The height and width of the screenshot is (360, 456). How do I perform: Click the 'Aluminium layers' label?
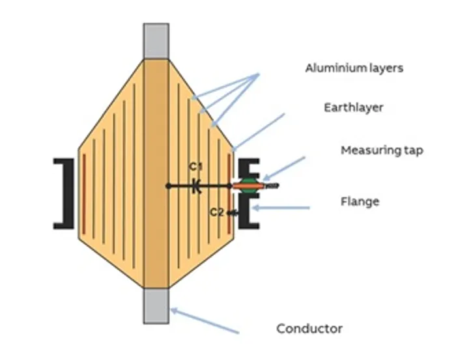pyautogui.click(x=354, y=68)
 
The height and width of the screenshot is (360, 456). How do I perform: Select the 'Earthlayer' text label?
pyautogui.click(x=354, y=107)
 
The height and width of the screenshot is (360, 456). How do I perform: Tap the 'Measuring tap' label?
pyautogui.click(x=382, y=150)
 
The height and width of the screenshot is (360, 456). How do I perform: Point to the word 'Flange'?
pyautogui.click(x=360, y=201)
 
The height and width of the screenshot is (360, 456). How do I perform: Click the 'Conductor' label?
pyautogui.click(x=309, y=328)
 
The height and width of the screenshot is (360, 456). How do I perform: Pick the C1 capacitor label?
pyautogui.click(x=195, y=167)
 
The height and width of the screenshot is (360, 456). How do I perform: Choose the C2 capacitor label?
pyautogui.click(x=216, y=212)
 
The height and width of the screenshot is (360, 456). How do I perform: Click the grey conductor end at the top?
pyautogui.click(x=156, y=41)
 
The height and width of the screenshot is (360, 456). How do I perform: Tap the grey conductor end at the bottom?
pyautogui.click(x=156, y=305)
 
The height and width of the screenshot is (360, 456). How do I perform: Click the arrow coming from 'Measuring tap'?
pyautogui.click(x=285, y=168)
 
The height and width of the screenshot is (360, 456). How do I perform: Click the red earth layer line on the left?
pyautogui.click(x=84, y=193)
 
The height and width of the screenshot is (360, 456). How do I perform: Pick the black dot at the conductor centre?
pyautogui.click(x=168, y=186)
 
